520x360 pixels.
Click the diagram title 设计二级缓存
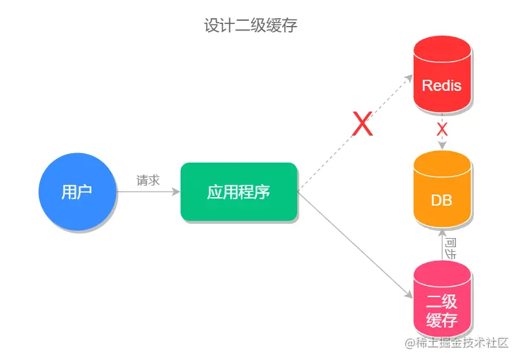[x=250, y=25]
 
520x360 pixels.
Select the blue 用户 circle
[x=77, y=191]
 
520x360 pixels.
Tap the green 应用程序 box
[x=239, y=192]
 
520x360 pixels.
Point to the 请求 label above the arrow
[x=148, y=180]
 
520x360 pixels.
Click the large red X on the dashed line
[x=362, y=124]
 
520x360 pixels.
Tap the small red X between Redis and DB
[x=442, y=129]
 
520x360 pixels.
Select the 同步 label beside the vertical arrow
[x=451, y=247]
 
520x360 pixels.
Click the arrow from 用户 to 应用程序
[x=148, y=192]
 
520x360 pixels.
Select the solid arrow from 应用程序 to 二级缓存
[x=353, y=244]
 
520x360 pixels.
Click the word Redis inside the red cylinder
[x=442, y=85]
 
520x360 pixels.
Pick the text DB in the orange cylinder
[x=442, y=200]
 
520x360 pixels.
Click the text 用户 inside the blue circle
[x=77, y=192]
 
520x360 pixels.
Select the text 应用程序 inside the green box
[x=239, y=192]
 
